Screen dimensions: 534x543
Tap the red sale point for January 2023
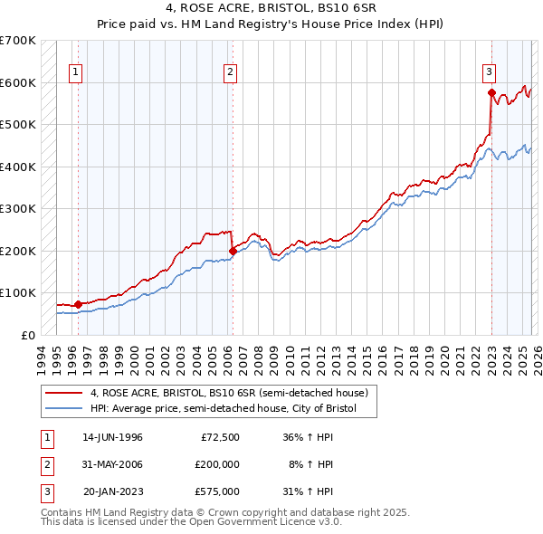coord(491,92)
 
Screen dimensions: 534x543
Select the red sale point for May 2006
coord(233,251)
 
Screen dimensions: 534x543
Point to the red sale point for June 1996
coord(79,304)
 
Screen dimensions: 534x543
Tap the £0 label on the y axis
coord(28,335)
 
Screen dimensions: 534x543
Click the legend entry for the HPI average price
coord(224,409)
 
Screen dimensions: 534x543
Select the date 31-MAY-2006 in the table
coord(112,464)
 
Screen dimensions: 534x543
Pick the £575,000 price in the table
coord(217,491)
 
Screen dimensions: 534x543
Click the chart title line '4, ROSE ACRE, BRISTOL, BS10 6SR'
coord(271,10)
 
